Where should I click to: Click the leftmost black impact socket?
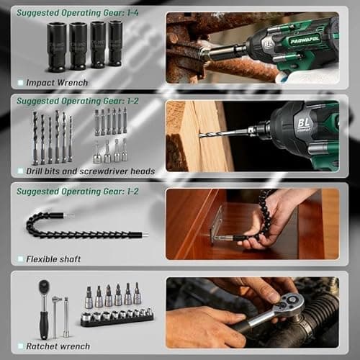click(57, 47)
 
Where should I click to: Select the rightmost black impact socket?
click(115, 45)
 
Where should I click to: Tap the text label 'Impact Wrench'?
click(57, 83)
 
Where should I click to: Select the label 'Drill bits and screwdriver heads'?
click(90, 171)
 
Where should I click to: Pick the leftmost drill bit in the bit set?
click(34, 137)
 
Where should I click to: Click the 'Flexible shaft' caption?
click(53, 258)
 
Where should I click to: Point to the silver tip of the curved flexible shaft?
click(143, 234)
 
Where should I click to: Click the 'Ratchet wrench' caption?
click(58, 346)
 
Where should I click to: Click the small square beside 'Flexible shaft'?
click(20, 258)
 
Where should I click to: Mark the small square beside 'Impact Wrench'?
click(20, 83)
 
